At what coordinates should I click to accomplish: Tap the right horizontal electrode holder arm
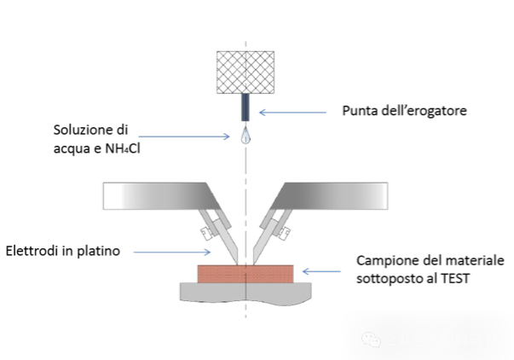coord(333,195)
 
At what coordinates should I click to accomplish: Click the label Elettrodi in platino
coord(63,251)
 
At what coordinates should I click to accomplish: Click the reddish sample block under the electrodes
coord(245,273)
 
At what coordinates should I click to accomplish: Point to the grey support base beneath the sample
coord(245,292)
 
